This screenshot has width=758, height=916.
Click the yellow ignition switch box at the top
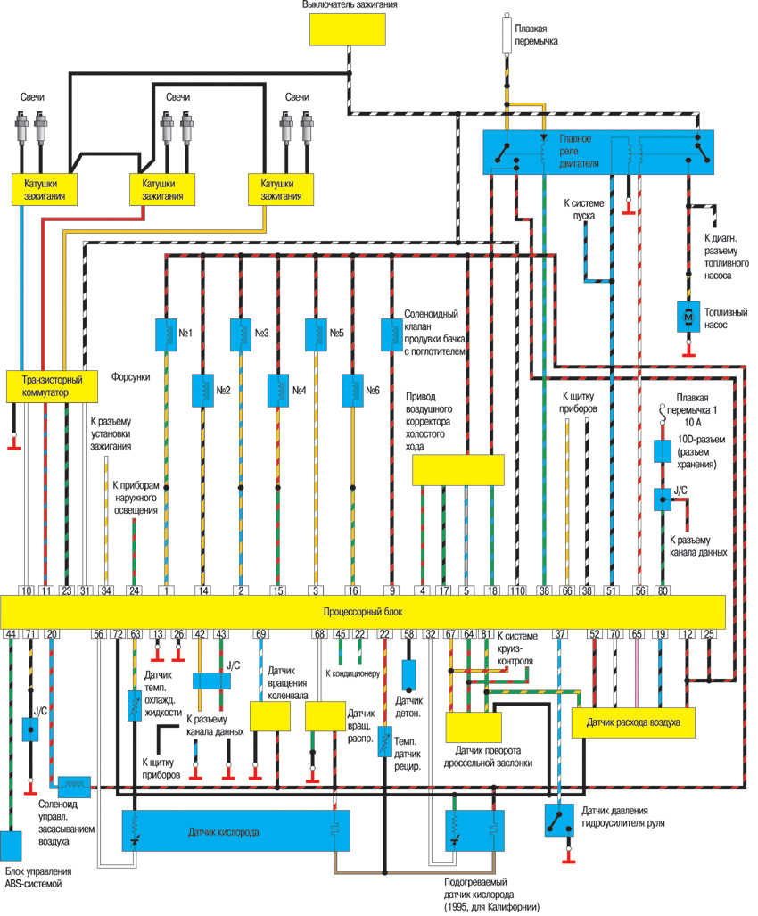pyautogui.click(x=347, y=29)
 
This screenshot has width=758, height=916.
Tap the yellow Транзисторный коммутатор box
pyautogui.click(x=52, y=386)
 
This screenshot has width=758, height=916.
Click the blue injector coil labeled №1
pyautogui.click(x=167, y=334)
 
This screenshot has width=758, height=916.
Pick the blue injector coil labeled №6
pyautogui.click(x=353, y=391)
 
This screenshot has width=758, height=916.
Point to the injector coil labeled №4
pyautogui.click(x=278, y=391)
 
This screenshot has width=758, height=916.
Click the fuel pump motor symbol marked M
pyautogui.click(x=688, y=317)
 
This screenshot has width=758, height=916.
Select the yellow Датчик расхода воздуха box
pyautogui.click(x=633, y=722)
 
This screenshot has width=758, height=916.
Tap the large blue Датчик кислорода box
pyautogui.click(x=236, y=830)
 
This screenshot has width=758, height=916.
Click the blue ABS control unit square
pyautogui.click(x=11, y=846)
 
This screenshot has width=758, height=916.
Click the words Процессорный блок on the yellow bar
pyautogui.click(x=363, y=612)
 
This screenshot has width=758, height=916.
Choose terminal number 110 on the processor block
pyautogui.click(x=517, y=590)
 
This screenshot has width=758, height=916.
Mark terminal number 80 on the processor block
pyautogui.click(x=663, y=590)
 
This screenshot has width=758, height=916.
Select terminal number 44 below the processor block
pyautogui.click(x=11, y=634)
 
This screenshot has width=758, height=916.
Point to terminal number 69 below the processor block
pyautogui.click(x=260, y=634)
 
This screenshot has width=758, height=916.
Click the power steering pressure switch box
pyautogui.click(x=559, y=821)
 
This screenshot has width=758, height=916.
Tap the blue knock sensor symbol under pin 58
pyautogui.click(x=408, y=676)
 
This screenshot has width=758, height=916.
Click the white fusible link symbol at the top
pyautogui.click(x=507, y=36)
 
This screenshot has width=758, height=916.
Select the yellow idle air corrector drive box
pyautogui.click(x=457, y=470)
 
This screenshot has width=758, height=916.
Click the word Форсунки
pyautogui.click(x=130, y=376)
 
